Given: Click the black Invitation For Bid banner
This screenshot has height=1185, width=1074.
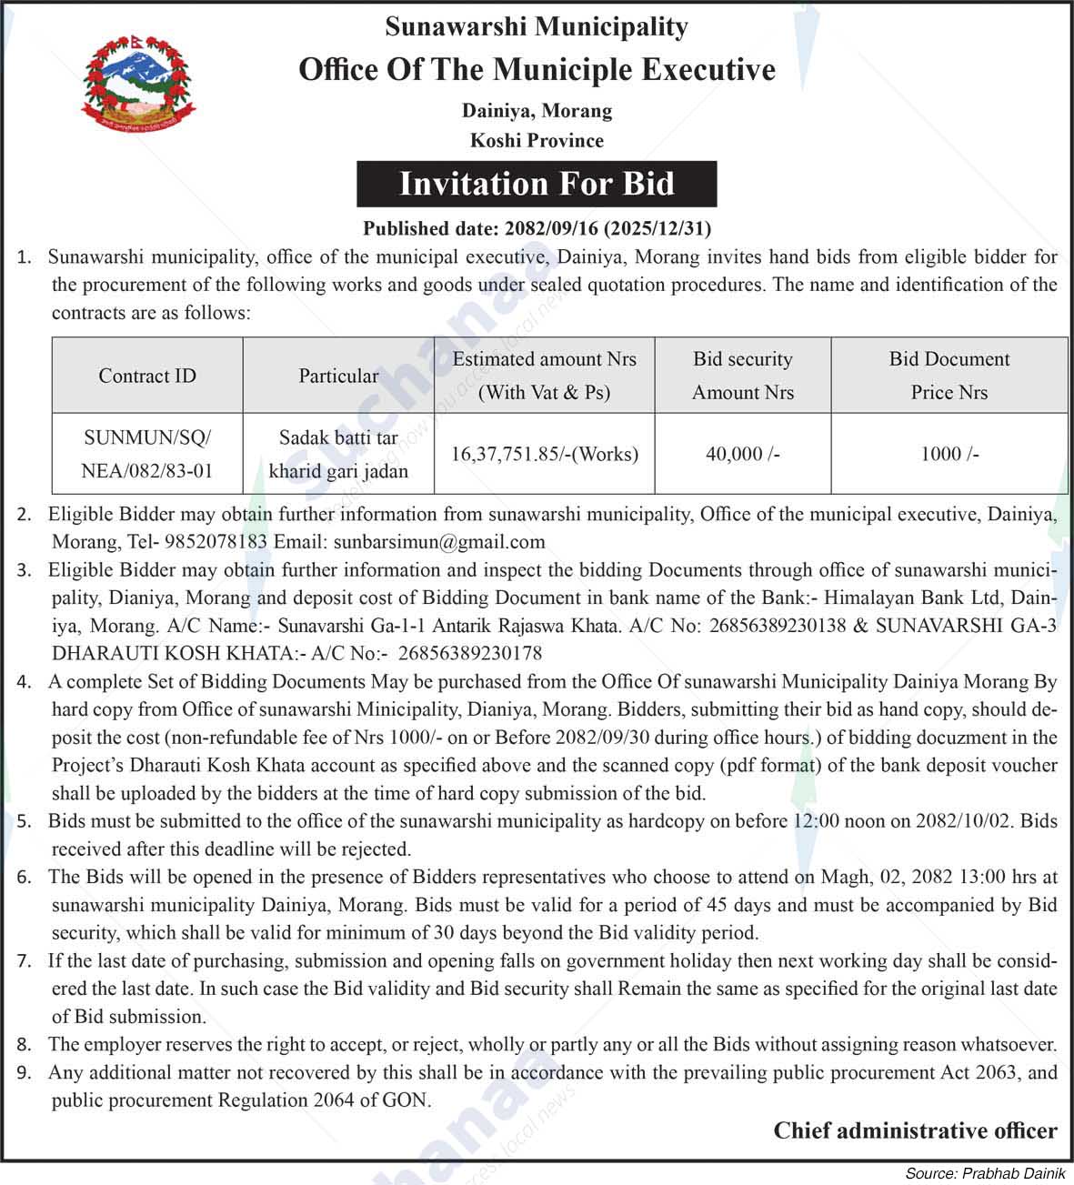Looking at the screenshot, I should pyautogui.click(x=537, y=184).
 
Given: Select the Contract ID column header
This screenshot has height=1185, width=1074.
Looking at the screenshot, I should pyautogui.click(x=147, y=376).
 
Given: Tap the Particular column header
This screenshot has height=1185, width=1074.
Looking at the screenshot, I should pyautogui.click(x=338, y=376).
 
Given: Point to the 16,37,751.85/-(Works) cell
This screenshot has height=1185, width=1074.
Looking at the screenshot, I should pyautogui.click(x=545, y=454).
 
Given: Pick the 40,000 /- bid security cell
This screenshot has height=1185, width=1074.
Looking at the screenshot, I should pyautogui.click(x=742, y=454).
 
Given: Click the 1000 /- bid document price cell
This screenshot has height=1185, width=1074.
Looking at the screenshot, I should pyautogui.click(x=949, y=454).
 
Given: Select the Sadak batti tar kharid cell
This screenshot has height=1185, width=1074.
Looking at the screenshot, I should pyautogui.click(x=338, y=454).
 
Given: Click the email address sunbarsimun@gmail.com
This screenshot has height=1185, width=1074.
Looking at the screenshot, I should pyautogui.click(x=439, y=542).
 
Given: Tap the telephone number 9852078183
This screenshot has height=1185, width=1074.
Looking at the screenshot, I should pyautogui.click(x=216, y=542).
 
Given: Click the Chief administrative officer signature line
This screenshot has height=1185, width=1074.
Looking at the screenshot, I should pyautogui.click(x=915, y=1130).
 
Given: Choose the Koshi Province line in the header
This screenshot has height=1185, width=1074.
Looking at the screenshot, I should pyautogui.click(x=537, y=140).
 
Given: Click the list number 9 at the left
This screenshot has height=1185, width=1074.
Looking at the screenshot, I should pyautogui.click(x=25, y=1073).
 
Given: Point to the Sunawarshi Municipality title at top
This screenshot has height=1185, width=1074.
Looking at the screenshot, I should pyautogui.click(x=537, y=26).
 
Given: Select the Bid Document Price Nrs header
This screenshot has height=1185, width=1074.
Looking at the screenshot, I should pyautogui.click(x=949, y=376).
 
